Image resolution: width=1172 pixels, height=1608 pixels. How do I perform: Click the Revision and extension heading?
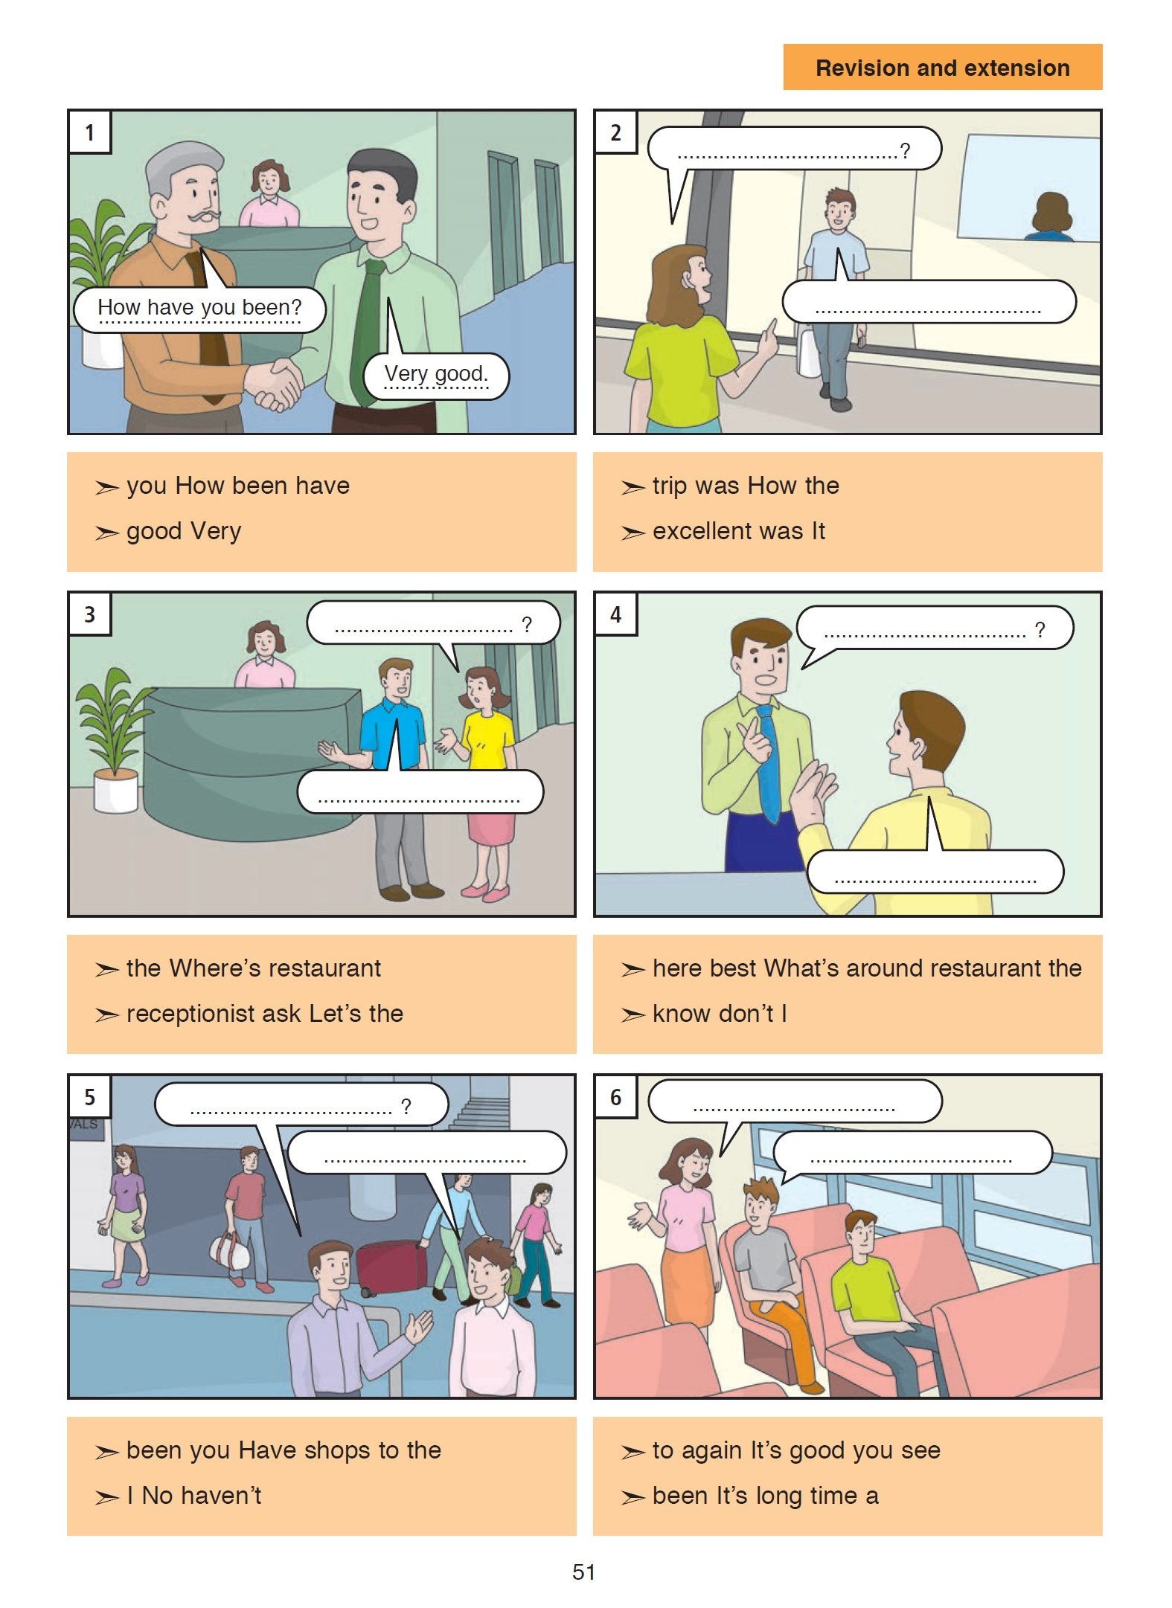click(942, 68)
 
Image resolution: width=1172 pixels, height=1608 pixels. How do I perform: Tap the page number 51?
click(583, 1572)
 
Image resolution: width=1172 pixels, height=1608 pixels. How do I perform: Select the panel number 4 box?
click(615, 614)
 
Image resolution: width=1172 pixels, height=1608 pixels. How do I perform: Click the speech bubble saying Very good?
click(436, 376)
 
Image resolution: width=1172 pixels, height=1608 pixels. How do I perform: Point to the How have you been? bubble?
click(199, 309)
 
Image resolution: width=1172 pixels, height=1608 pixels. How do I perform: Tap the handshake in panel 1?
click(275, 383)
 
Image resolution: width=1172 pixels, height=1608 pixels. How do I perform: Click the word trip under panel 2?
click(670, 486)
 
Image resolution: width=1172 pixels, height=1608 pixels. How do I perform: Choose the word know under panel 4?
click(682, 1013)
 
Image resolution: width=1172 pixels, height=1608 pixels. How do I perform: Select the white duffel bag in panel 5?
click(230, 1249)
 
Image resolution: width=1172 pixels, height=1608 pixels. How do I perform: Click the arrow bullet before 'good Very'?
click(107, 533)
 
